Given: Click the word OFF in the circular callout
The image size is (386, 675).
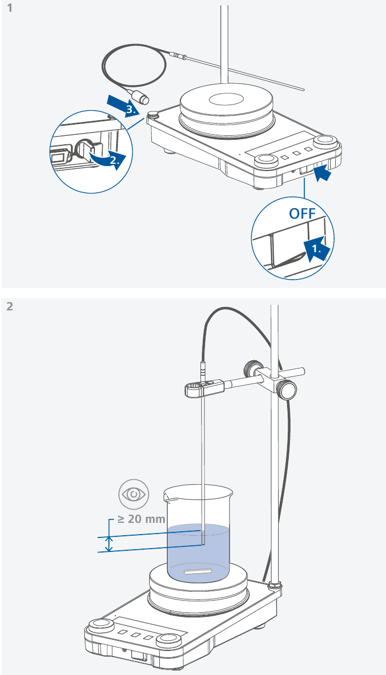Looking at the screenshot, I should [302, 214].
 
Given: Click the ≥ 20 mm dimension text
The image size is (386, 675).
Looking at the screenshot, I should [141, 519].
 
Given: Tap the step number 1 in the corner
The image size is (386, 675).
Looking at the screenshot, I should [8, 10].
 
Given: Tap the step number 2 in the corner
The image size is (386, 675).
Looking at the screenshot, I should [9, 306].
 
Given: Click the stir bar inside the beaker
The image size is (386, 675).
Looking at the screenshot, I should [198, 572].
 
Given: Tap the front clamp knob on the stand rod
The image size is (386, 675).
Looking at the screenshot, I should [288, 390].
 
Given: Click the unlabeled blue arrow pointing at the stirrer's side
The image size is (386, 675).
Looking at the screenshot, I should [323, 174].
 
